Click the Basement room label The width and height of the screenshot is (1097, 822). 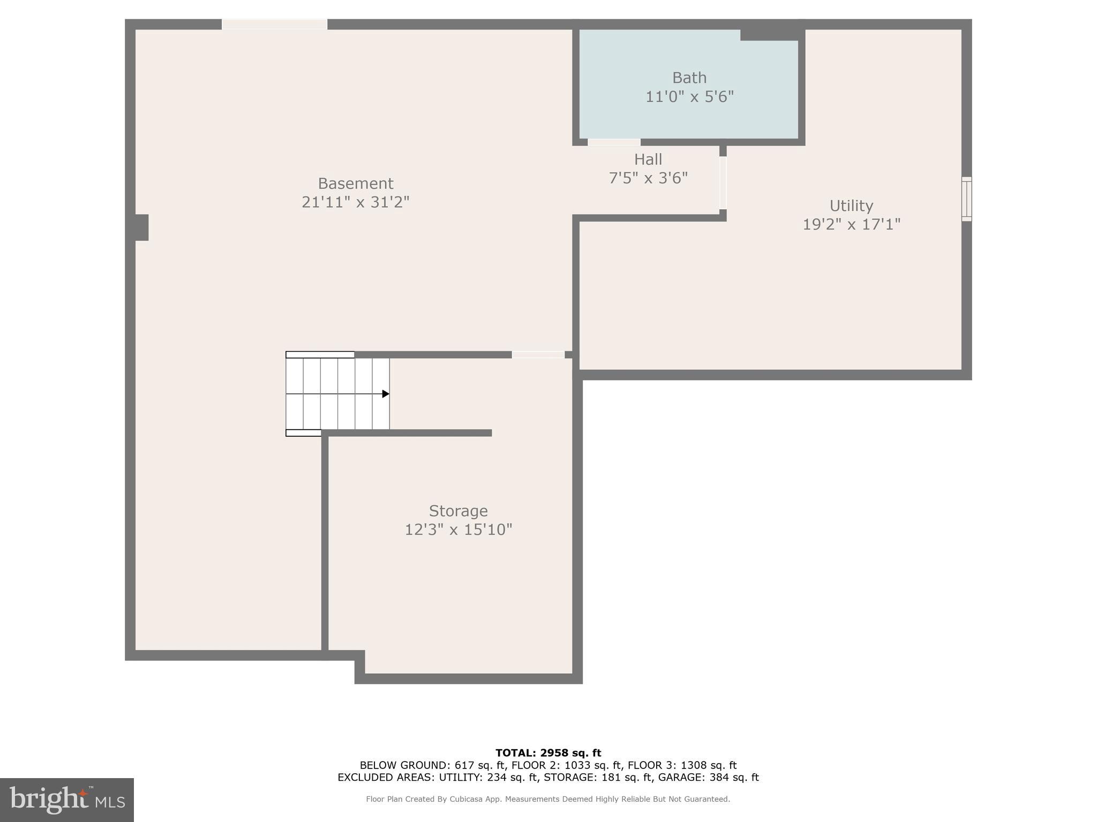tap(355, 184)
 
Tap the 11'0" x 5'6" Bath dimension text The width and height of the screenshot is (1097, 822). tap(689, 97)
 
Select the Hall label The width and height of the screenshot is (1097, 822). tap(648, 159)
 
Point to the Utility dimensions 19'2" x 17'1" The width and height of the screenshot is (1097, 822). tap(851, 224)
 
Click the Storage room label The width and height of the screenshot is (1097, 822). tap(458, 511)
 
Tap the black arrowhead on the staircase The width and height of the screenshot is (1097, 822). tap(385, 394)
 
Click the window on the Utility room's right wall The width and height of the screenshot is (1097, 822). tap(966, 199)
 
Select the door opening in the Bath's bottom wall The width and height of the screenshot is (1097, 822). tap(614, 142)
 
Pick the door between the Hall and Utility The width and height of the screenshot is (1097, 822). tap(723, 182)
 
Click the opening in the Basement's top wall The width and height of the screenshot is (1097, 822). tap(274, 25)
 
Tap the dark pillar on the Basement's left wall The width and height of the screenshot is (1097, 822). tap(141, 227)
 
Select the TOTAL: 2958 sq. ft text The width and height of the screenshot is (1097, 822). tap(548, 753)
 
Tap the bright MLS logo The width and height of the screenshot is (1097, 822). tap(67, 800)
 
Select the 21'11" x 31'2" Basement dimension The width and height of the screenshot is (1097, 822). tap(355, 202)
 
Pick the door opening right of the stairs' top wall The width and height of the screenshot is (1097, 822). tap(538, 355)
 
